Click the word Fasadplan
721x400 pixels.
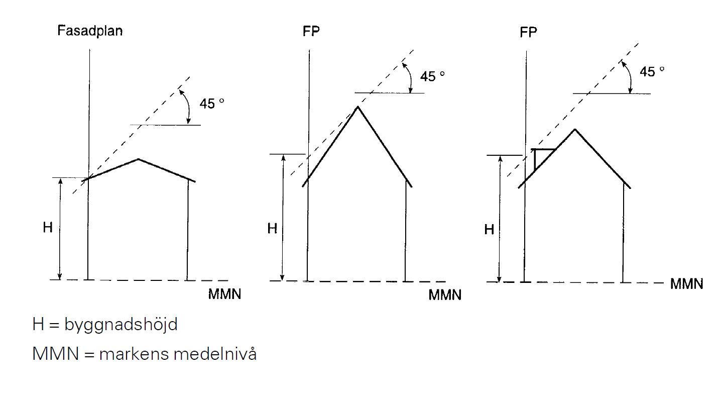click(90, 31)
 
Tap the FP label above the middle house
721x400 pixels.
click(311, 31)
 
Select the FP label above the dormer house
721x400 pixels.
click(528, 32)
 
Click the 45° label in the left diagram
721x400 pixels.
click(212, 104)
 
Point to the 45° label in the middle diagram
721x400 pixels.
click(432, 76)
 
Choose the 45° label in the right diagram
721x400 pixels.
click(652, 71)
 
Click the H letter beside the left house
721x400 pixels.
click(48, 227)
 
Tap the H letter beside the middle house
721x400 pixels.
click(272, 228)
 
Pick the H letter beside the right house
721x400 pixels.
click(489, 230)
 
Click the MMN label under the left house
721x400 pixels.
click(224, 294)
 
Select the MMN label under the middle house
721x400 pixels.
click(445, 295)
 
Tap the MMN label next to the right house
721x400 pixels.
click(686, 284)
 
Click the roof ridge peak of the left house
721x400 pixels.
click(138, 159)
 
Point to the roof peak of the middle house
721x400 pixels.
click(357, 107)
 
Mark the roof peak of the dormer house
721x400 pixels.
click(575, 130)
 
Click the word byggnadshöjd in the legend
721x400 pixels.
click(121, 324)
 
